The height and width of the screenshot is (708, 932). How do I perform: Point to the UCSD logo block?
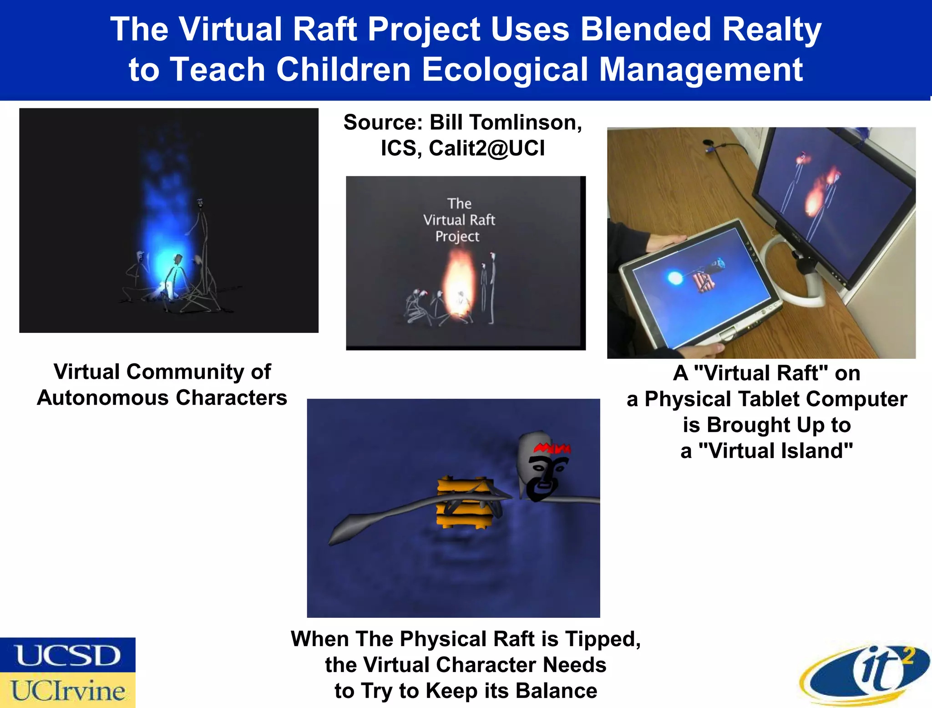point(67,655)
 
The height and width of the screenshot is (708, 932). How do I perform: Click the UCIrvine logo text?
point(67,690)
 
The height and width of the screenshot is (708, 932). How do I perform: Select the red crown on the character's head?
point(552,448)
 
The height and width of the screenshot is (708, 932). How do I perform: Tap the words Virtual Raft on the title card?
point(459,220)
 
